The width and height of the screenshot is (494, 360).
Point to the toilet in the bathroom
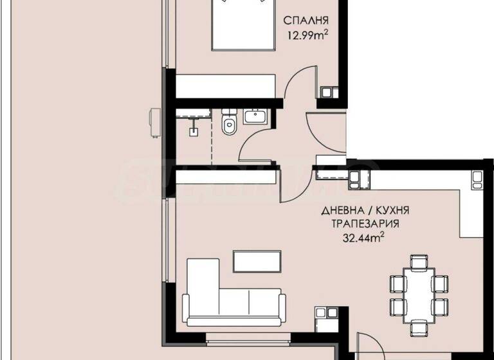229,123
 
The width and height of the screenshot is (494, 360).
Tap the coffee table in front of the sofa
257,260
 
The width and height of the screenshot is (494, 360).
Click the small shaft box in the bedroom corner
330,93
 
